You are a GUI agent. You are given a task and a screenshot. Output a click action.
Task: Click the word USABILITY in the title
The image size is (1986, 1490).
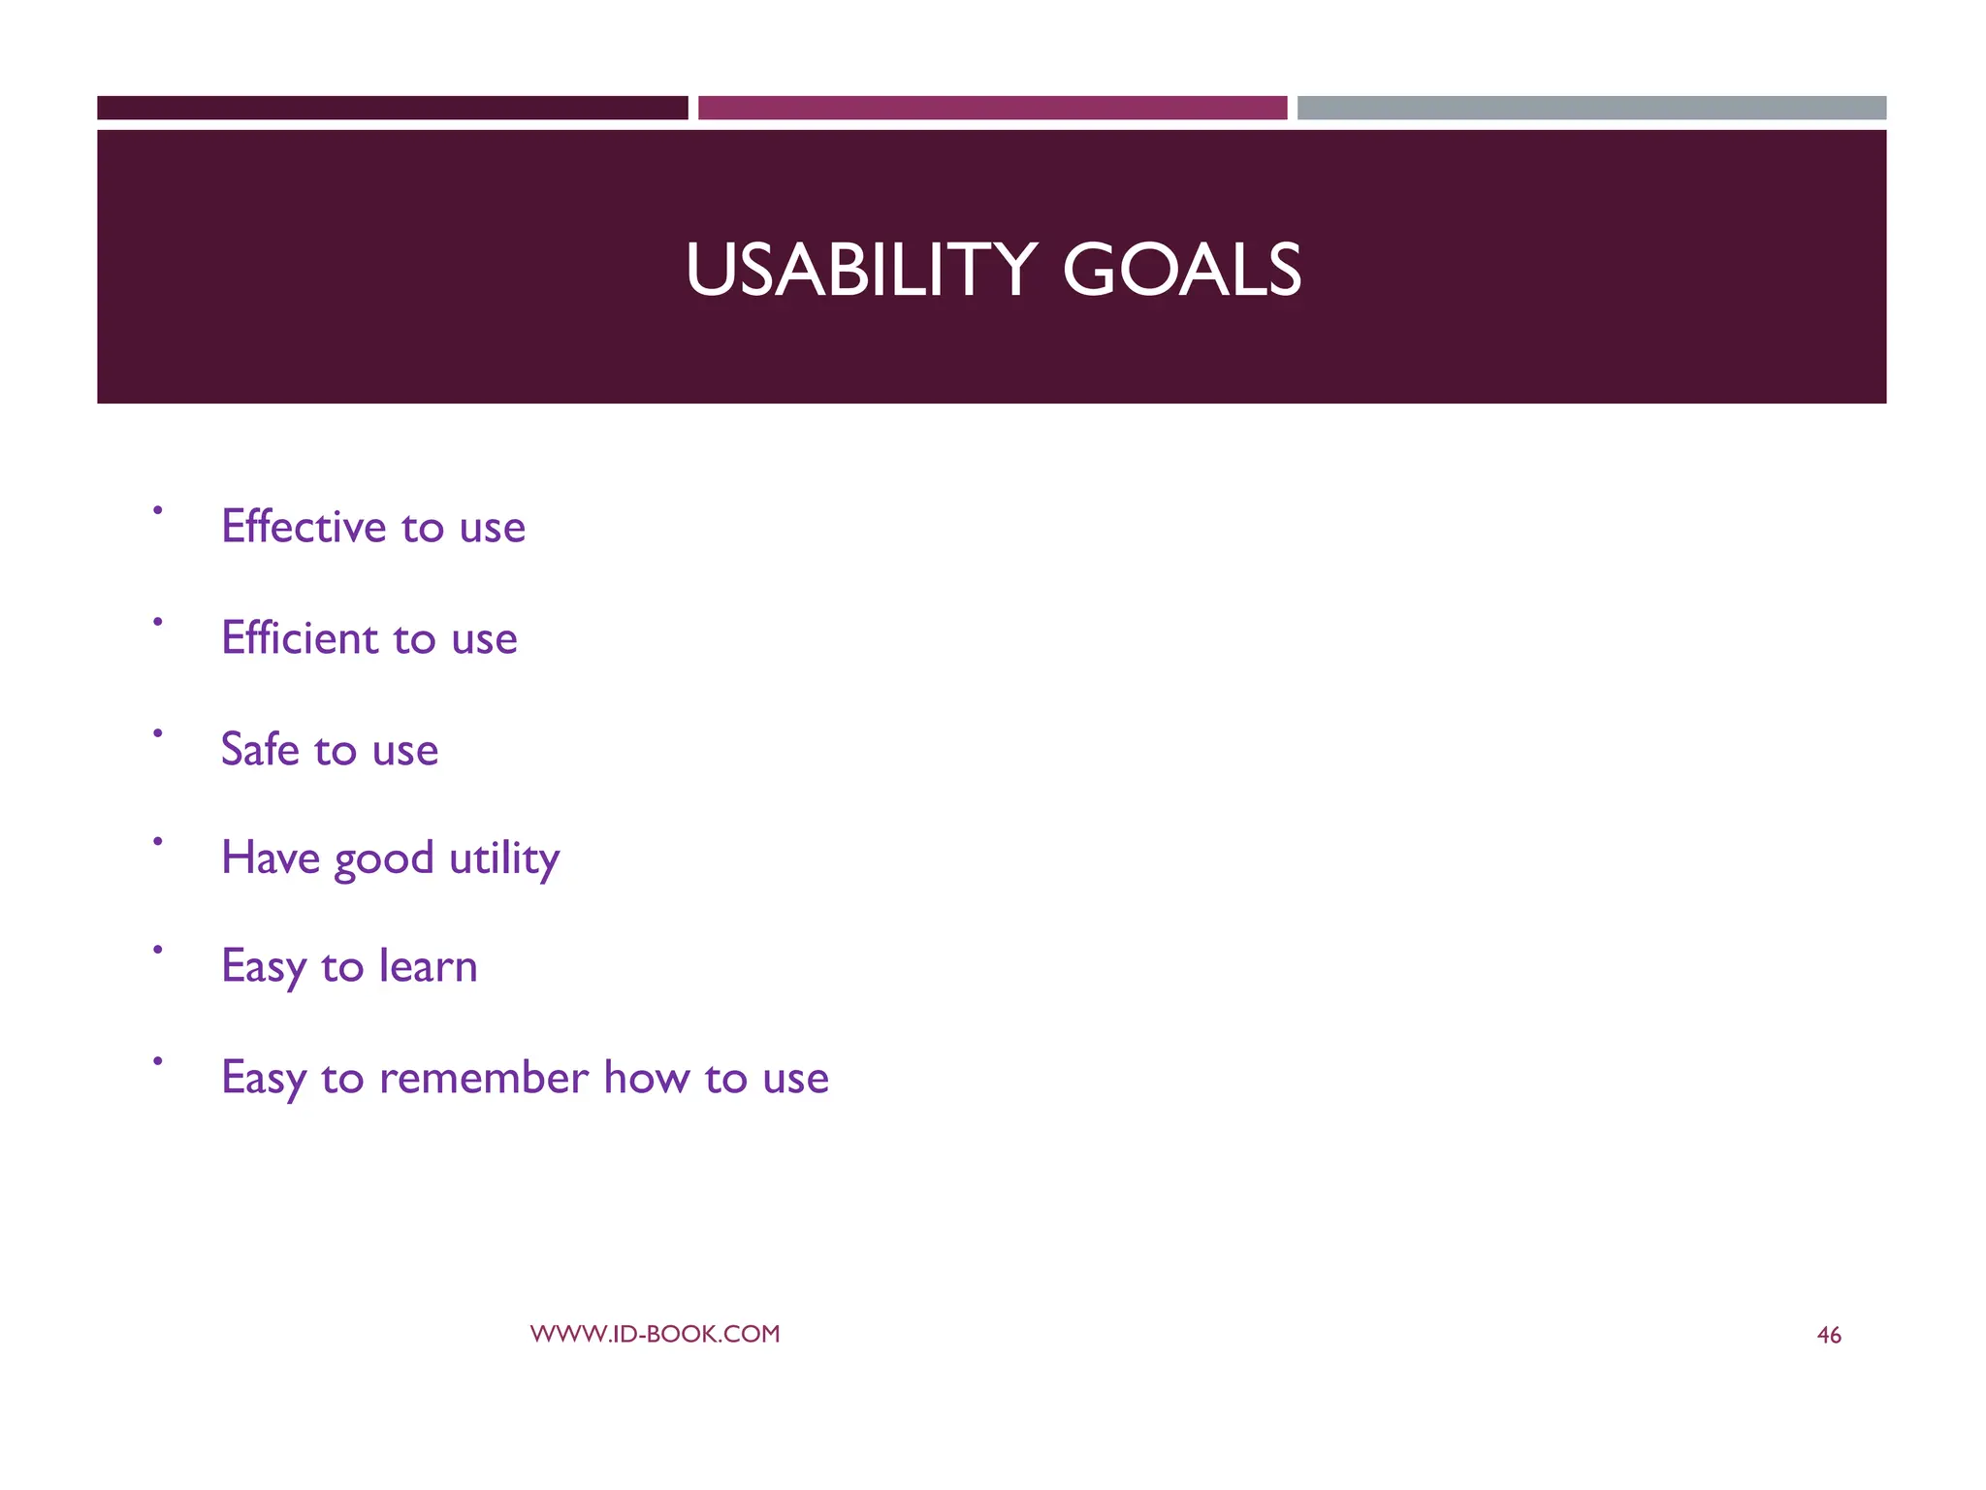click(861, 270)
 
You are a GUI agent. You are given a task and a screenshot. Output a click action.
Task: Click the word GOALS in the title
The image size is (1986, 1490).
click(1181, 270)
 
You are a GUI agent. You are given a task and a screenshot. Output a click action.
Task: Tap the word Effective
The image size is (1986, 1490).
click(304, 527)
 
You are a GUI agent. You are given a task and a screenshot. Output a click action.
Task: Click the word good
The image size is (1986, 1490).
click(384, 860)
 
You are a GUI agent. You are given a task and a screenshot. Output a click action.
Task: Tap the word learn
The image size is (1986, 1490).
click(428, 966)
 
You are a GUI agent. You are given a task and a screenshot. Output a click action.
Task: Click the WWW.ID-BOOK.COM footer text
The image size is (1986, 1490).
click(655, 1334)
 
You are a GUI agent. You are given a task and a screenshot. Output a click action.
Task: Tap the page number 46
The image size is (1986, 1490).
click(1828, 1336)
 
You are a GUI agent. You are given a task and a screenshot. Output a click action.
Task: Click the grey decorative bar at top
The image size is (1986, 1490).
click(1591, 108)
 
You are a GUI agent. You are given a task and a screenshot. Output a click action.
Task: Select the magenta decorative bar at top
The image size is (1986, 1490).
click(992, 108)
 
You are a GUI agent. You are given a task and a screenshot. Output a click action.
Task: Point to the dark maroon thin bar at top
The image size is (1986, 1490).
click(392, 108)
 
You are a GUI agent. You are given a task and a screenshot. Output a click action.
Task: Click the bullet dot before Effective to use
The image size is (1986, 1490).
click(157, 509)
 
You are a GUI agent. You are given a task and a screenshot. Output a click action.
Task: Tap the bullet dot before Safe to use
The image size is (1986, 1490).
click(157, 732)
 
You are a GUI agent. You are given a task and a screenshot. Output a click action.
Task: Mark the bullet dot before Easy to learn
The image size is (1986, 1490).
click(157, 950)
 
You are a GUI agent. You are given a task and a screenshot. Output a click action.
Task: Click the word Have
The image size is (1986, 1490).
click(270, 858)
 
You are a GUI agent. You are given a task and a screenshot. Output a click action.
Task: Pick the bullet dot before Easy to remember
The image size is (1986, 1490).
click(157, 1061)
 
